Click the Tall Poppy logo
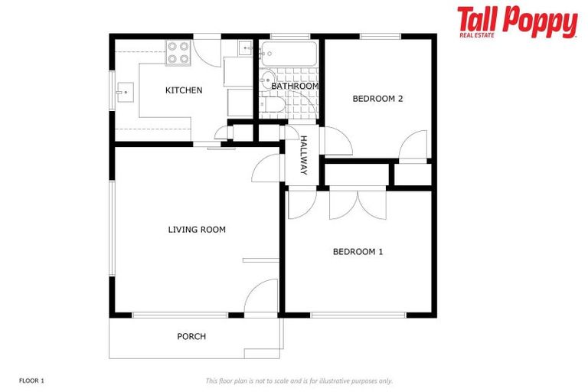point(517,21)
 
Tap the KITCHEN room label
point(184,90)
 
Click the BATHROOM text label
point(295,87)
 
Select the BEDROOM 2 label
point(377,98)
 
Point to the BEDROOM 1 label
point(358,251)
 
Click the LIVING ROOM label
point(197,229)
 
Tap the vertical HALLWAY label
point(303,155)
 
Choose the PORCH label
point(191,336)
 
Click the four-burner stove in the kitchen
point(178,52)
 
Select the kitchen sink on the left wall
point(123,93)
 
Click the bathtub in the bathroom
point(289,54)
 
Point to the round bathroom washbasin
point(268,80)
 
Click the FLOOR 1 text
point(32,381)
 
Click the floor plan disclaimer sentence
point(299,381)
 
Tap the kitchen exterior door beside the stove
point(207,50)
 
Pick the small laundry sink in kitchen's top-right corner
point(245,47)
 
